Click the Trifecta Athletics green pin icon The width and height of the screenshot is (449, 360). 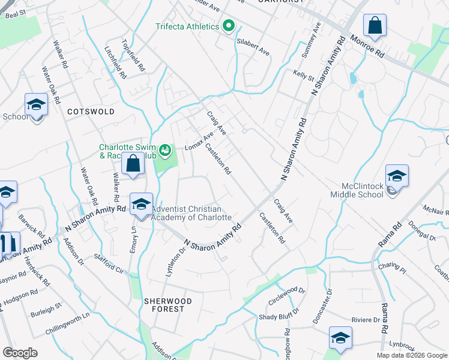click(x=228, y=26)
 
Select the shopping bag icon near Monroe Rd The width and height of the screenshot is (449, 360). click(x=375, y=26)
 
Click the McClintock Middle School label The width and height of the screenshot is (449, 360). click(x=357, y=190)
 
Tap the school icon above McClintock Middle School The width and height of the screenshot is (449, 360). click(x=397, y=176)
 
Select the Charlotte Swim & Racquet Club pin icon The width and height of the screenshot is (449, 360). click(x=165, y=149)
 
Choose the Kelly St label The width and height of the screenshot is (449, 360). click(x=304, y=76)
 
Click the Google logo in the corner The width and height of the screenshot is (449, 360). click(x=20, y=353)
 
